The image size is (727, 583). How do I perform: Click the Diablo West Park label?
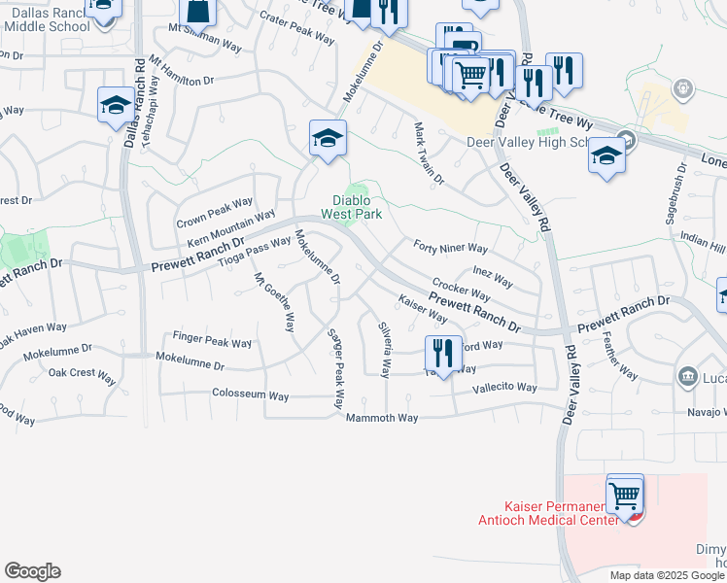pyautogui.click(x=358, y=206)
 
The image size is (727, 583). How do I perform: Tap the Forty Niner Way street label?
pyautogui.click(x=450, y=248)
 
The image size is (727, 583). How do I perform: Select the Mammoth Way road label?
pyautogui.click(x=382, y=418)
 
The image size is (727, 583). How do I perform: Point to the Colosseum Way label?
pyautogui.click(x=251, y=395)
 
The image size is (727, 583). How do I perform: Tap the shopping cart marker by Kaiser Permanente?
pyautogui.click(x=624, y=497)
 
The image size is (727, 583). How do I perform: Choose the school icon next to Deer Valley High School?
pyautogui.click(x=606, y=156)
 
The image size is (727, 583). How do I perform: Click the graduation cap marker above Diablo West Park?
pyautogui.click(x=328, y=139)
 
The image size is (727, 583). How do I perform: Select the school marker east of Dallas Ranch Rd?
pyautogui.click(x=116, y=106)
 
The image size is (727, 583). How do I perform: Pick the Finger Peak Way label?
pyautogui.click(x=212, y=343)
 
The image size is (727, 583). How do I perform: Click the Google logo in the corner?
pyautogui.click(x=32, y=571)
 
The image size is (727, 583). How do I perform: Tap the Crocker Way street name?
pyautogui.click(x=461, y=289)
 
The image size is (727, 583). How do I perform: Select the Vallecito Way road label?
pyautogui.click(x=504, y=387)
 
